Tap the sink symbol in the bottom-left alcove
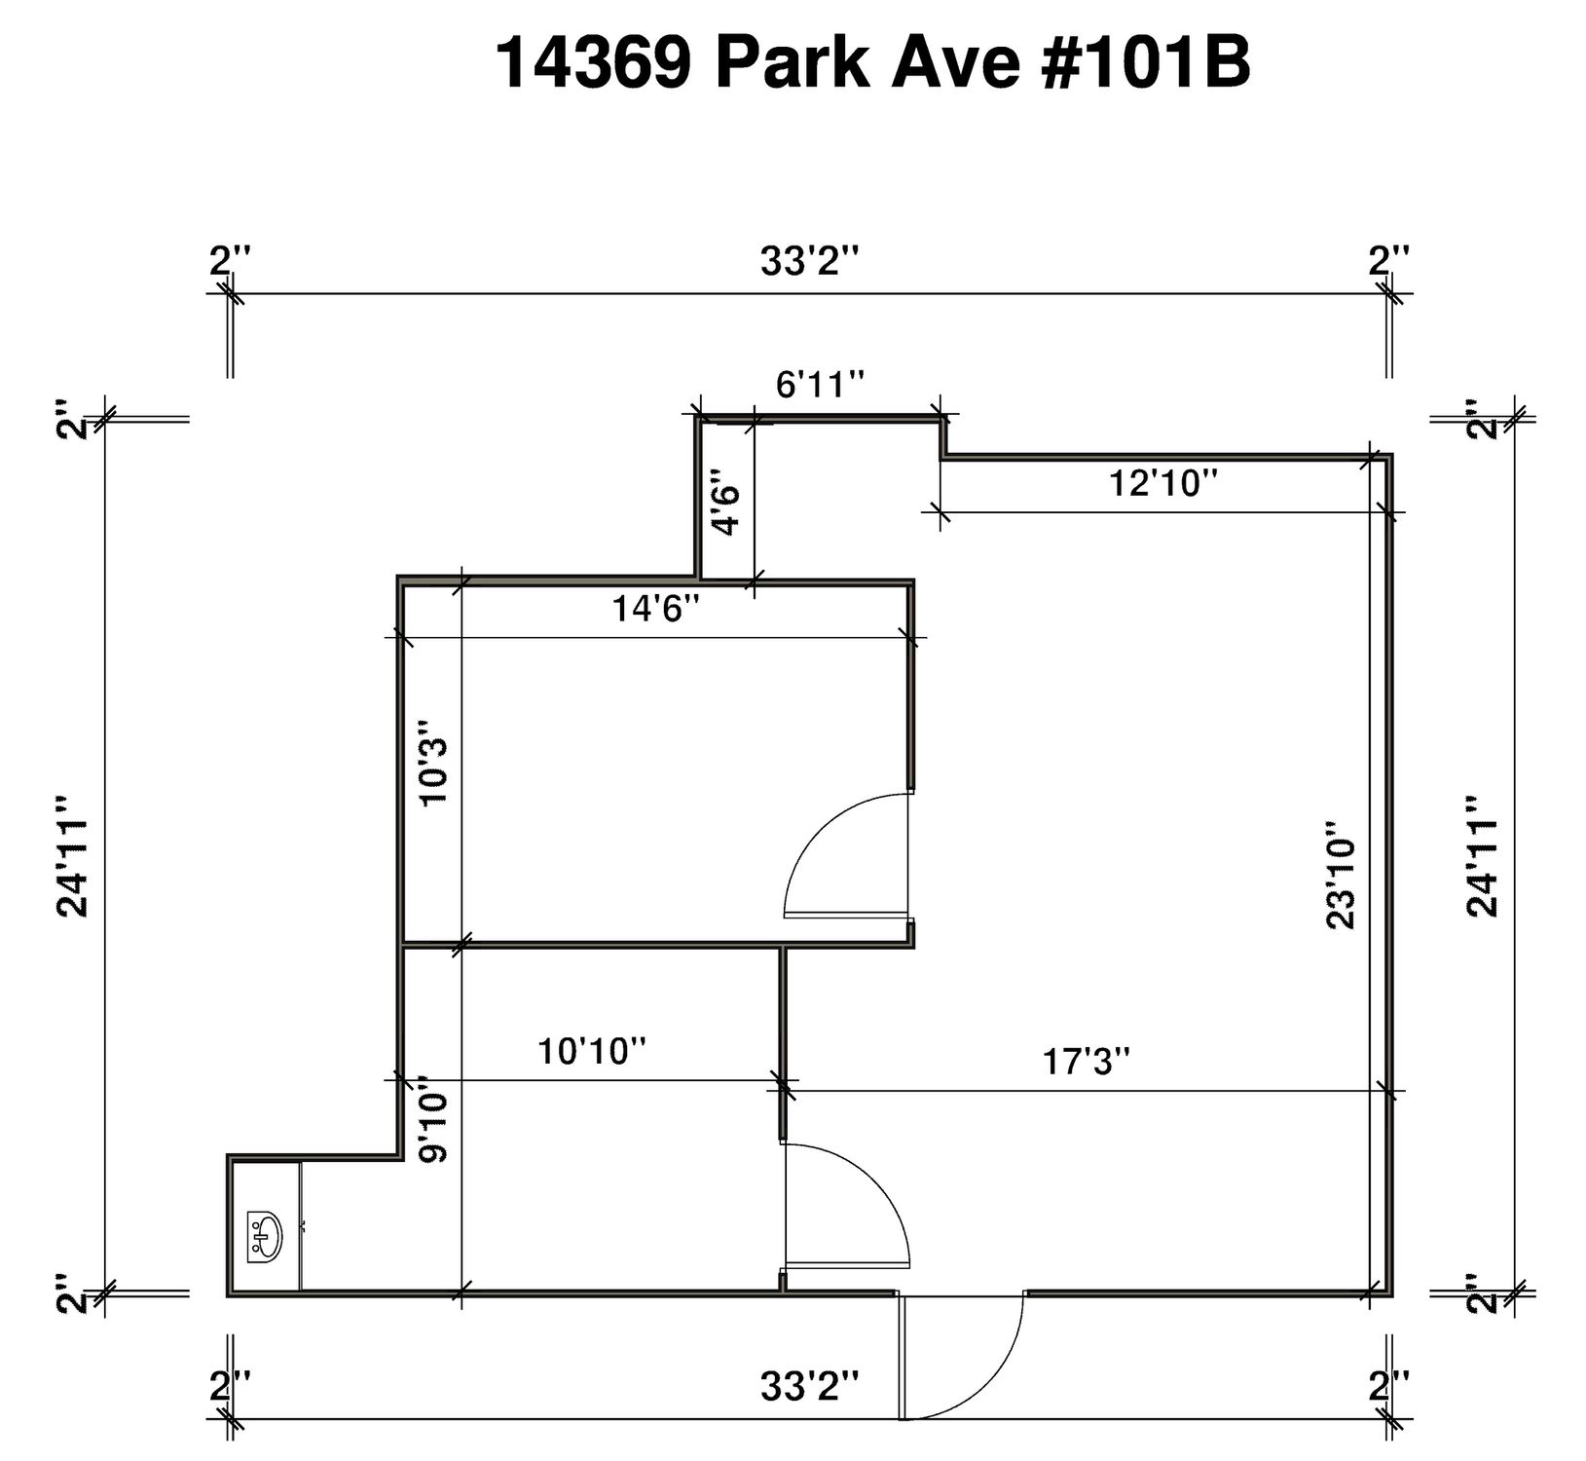coord(264,1236)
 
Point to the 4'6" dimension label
coord(727,503)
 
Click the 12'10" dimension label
coord(1165,482)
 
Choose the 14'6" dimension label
coord(656,610)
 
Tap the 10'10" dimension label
coord(592,1051)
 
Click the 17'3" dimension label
coord(1087,1060)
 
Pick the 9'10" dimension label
coord(430,1119)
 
